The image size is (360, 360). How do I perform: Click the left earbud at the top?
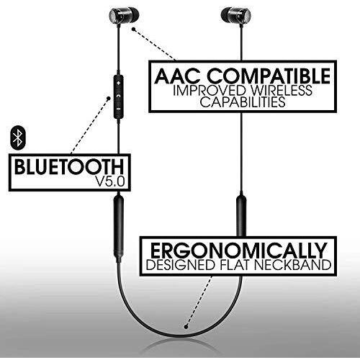tap(124, 16)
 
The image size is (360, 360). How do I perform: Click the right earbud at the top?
tap(236, 16)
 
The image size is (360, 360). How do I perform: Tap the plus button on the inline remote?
tap(118, 84)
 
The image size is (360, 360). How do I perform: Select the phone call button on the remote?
tap(118, 96)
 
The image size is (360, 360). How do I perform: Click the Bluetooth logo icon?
tap(18, 139)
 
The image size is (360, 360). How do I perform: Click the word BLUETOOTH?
tap(69, 166)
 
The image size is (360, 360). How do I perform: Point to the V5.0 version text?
tap(110, 181)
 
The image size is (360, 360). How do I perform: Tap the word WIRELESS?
tap(282, 90)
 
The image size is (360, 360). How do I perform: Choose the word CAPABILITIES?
tap(243, 102)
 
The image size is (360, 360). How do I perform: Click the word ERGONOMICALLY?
tap(238, 251)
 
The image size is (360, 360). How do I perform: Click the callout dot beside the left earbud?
tap(134, 30)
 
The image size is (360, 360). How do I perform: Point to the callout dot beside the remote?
tap(109, 98)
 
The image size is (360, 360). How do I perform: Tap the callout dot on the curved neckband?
tap(186, 327)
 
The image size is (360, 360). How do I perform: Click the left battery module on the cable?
tap(119, 229)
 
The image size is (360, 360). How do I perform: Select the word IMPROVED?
tap(210, 90)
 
